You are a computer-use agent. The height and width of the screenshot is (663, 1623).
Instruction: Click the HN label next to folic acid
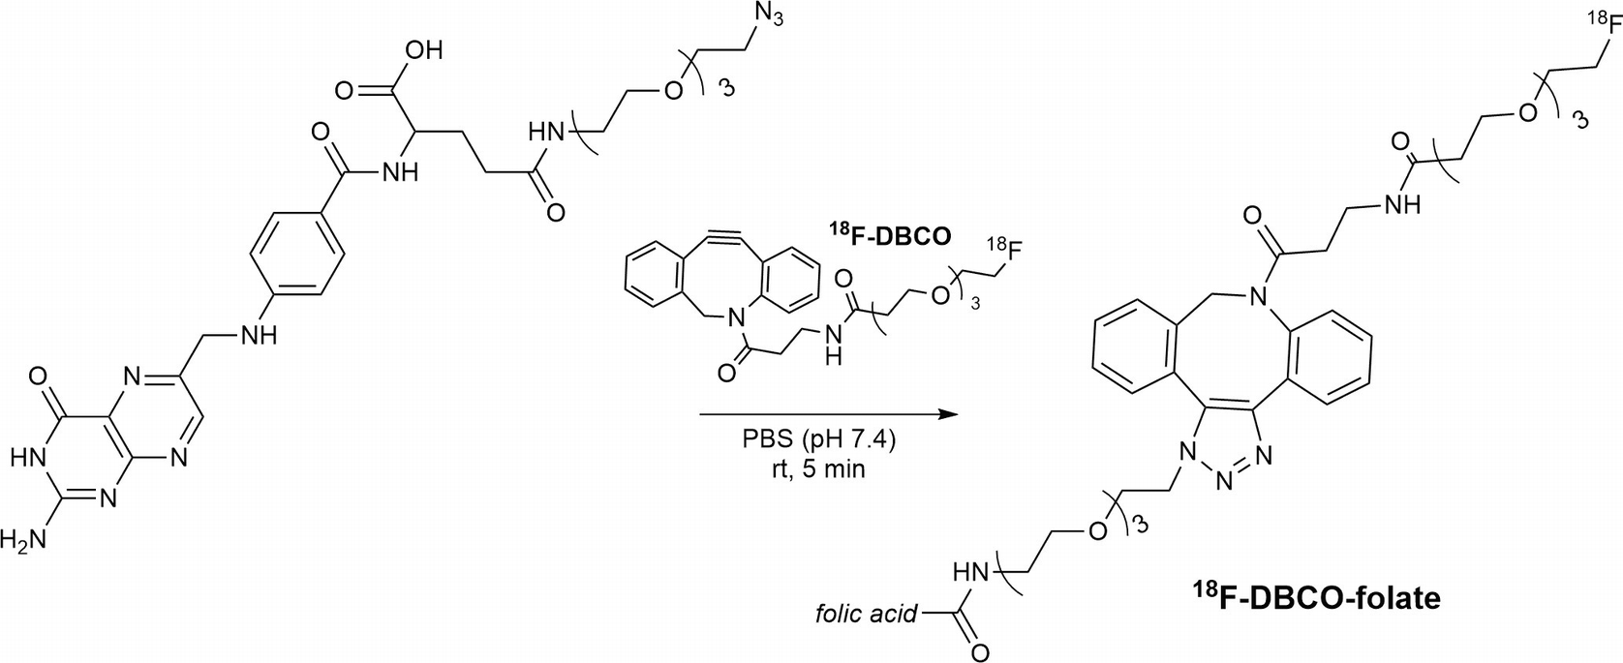tap(972, 573)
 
